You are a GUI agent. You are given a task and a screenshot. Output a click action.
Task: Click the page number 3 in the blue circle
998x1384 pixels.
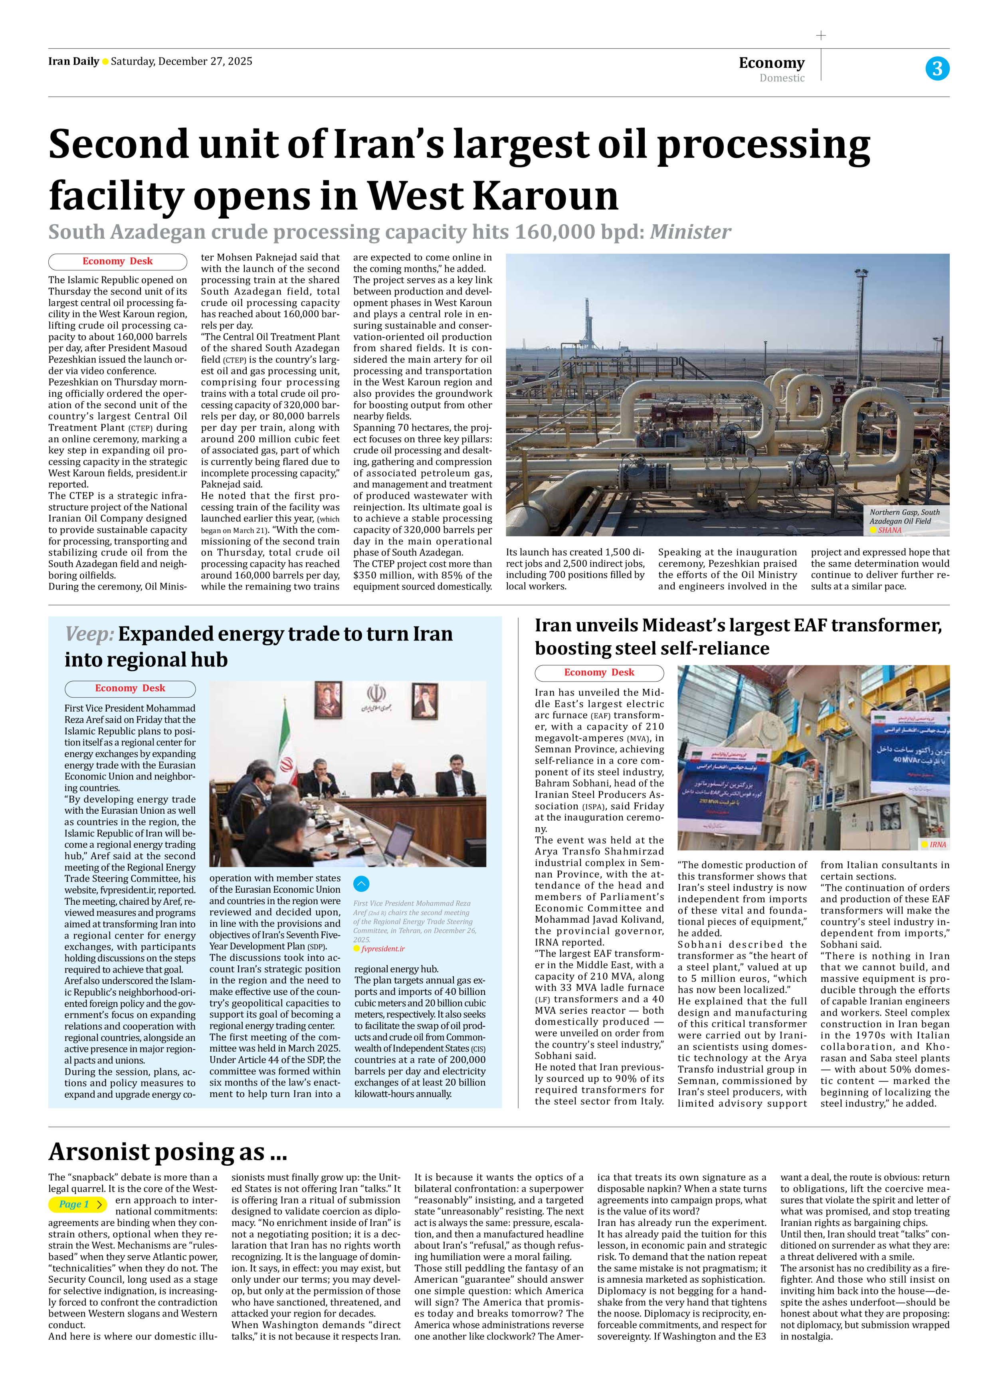click(937, 68)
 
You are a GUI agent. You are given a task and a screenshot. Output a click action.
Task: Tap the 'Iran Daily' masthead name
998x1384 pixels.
click(73, 61)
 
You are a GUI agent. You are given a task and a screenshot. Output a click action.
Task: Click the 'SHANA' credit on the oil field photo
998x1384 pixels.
click(889, 530)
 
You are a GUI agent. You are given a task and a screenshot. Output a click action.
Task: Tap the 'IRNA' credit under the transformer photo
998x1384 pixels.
click(938, 844)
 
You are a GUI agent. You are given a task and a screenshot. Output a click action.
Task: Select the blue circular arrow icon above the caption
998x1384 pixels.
click(361, 884)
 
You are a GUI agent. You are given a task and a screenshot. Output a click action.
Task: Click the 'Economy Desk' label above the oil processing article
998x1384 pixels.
click(117, 261)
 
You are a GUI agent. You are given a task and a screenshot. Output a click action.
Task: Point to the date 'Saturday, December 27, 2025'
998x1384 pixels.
click(181, 61)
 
